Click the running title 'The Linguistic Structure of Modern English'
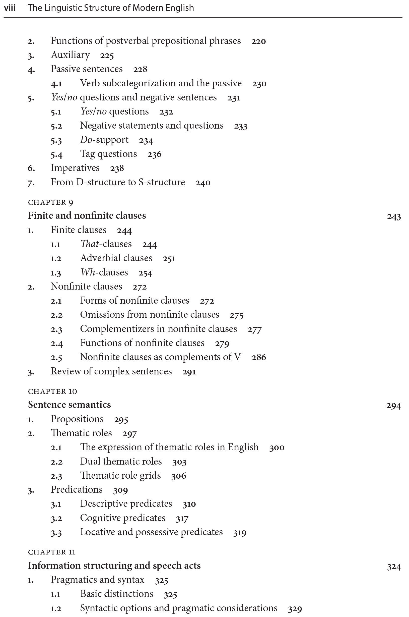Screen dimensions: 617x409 point(111,8)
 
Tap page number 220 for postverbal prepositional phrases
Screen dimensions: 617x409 point(258,41)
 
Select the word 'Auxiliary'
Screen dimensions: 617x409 point(71,55)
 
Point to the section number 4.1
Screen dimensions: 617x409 point(56,84)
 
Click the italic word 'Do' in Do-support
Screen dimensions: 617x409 point(86,140)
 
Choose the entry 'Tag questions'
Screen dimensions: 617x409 point(108,154)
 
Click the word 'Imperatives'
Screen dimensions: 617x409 point(75,168)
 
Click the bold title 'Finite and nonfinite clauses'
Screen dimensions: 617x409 point(87,215)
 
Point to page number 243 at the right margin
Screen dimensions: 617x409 point(394,216)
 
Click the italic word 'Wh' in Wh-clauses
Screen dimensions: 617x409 point(88,272)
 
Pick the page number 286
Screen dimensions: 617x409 point(259,357)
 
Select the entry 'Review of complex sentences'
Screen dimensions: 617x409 point(111,371)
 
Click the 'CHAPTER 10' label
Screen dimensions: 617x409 point(52,391)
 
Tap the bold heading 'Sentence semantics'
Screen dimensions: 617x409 point(70,405)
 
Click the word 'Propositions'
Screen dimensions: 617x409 point(77,419)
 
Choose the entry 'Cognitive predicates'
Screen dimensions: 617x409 point(123,518)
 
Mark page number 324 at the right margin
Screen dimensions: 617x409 point(394,567)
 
